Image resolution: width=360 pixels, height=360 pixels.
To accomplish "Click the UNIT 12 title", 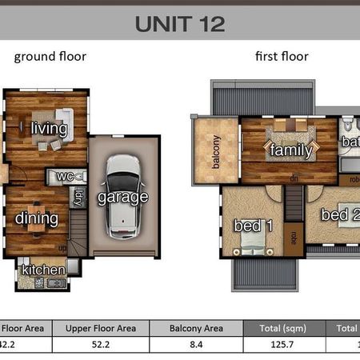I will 179,22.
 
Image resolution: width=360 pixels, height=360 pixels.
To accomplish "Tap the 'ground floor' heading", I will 50,57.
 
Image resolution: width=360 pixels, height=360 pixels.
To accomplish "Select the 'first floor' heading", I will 282,57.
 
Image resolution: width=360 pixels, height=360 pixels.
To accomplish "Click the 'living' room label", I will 49,128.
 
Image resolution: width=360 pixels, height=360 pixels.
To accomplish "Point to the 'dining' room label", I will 37,218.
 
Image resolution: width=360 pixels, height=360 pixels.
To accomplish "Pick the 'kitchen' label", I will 43,270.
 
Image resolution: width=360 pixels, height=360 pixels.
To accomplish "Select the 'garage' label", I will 122,197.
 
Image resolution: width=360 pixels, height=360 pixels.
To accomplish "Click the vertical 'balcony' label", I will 216,151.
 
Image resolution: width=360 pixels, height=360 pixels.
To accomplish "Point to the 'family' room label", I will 290,150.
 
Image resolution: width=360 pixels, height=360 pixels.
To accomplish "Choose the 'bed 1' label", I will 254,226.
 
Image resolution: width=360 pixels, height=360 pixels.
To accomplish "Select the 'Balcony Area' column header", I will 197,328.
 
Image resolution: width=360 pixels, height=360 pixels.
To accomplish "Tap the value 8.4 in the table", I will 197,345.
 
